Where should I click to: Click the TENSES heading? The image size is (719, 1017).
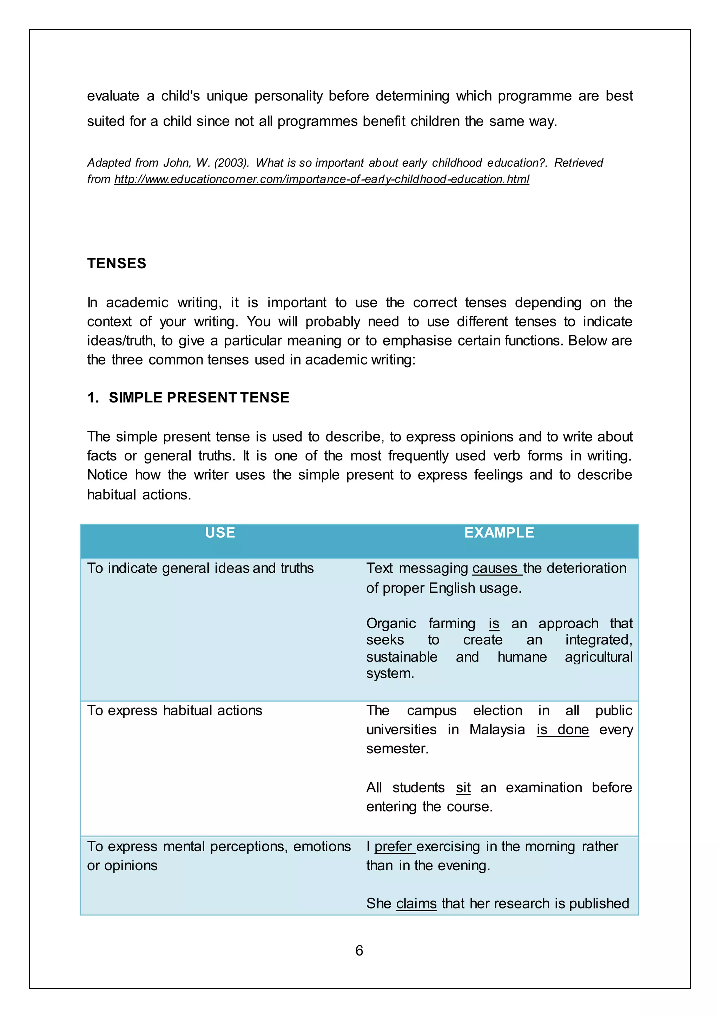click(x=117, y=263)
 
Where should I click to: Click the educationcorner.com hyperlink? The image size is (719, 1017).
click(x=322, y=179)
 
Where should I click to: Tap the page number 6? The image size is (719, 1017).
click(x=359, y=950)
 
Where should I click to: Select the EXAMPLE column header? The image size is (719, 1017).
click(x=499, y=532)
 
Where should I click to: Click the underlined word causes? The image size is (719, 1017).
click(x=495, y=568)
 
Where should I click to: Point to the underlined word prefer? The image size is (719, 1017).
click(x=393, y=846)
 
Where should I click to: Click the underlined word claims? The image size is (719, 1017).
click(x=416, y=903)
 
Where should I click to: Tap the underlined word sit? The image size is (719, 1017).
click(x=463, y=788)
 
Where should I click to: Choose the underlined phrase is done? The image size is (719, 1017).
click(x=562, y=729)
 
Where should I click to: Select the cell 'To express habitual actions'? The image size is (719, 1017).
click(x=174, y=710)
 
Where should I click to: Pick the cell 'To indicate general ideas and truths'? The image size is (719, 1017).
click(x=200, y=568)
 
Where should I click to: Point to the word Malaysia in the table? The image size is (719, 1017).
click(x=497, y=729)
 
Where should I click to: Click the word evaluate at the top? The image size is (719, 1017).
click(x=113, y=96)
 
